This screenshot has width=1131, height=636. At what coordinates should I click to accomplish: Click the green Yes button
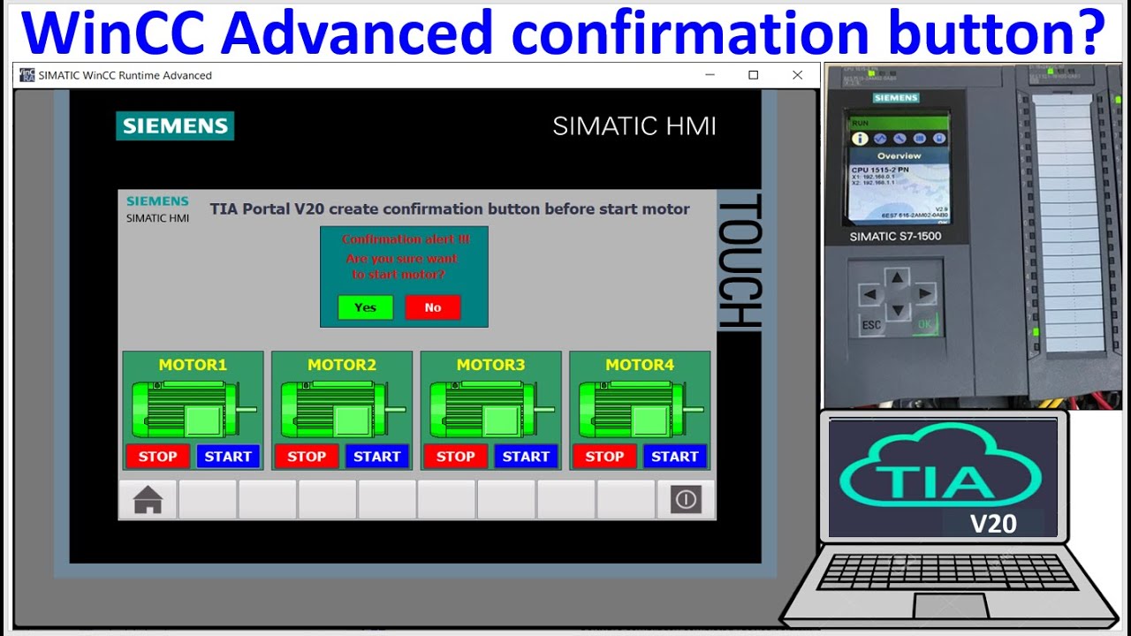(365, 307)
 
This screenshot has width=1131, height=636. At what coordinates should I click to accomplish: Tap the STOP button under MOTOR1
(157, 457)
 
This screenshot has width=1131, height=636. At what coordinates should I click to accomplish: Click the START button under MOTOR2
(377, 457)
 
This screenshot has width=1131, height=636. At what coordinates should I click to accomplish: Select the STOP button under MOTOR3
(456, 457)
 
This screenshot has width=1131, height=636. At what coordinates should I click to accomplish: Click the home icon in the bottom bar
(148, 500)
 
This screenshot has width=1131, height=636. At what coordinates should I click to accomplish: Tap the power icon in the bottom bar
(686, 500)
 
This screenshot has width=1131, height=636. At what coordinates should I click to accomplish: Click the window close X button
(797, 75)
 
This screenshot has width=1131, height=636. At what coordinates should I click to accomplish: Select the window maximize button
(754, 75)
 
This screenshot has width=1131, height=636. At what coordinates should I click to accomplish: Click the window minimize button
(710, 75)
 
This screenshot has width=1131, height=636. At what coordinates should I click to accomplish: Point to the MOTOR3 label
(490, 365)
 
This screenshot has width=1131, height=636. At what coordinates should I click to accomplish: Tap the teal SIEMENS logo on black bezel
(175, 125)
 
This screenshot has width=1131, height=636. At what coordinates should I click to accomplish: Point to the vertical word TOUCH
(739, 262)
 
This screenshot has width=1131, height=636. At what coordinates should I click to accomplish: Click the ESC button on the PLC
(871, 325)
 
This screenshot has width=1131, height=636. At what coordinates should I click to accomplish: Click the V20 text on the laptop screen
(993, 524)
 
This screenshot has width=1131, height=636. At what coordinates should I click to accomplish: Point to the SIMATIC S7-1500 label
(895, 237)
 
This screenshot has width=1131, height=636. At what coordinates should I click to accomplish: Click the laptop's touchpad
(950, 606)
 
